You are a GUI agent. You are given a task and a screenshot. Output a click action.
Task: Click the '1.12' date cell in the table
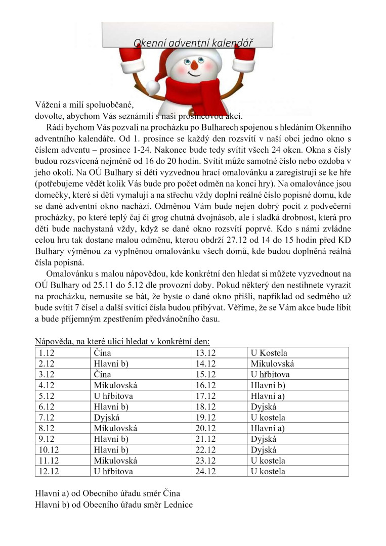pos(46,353)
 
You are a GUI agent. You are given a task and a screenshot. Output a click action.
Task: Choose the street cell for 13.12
pos(269,353)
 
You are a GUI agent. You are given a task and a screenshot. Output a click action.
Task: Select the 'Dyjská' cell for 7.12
pos(107,418)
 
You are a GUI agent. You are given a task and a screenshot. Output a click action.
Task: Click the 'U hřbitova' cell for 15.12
pos(270,375)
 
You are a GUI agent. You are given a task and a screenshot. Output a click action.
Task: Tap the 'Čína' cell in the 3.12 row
pos(102,375)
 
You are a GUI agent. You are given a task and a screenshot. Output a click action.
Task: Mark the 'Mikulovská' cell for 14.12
pos(272,363)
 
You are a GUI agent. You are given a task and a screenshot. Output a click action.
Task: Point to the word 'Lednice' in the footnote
pos(178,504)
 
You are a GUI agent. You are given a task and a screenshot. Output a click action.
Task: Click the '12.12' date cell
pos(48,472)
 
